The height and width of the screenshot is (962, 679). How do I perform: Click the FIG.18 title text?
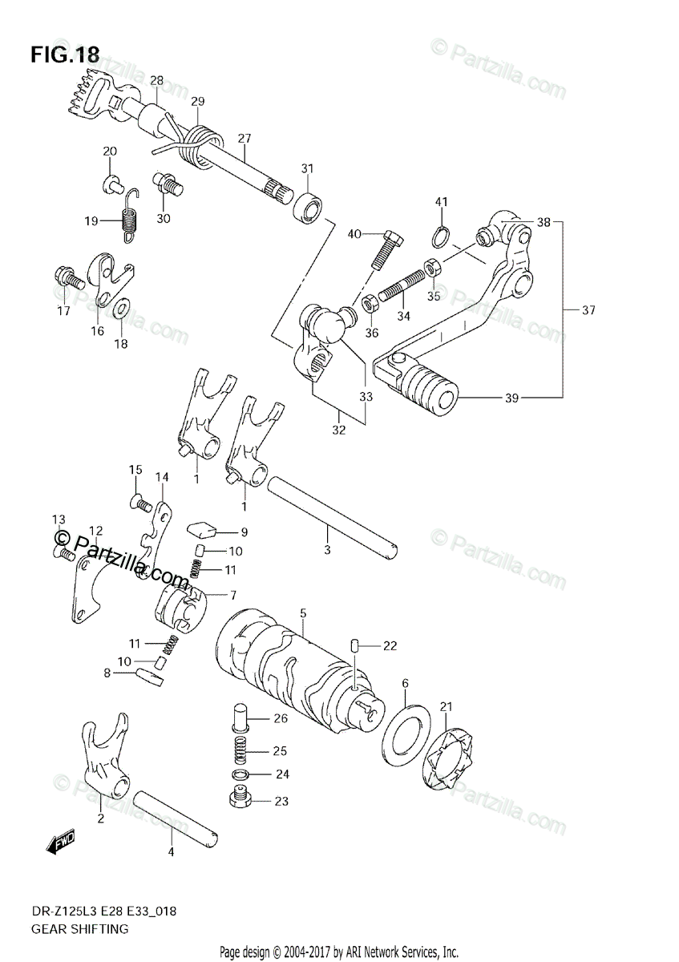click(x=65, y=55)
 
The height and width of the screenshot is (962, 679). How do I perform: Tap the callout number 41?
click(x=441, y=201)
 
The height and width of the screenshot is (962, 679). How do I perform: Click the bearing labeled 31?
click(x=309, y=205)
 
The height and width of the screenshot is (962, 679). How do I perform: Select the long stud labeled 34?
click(x=401, y=285)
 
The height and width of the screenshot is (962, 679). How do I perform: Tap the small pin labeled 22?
click(x=354, y=645)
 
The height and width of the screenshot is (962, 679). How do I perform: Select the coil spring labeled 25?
click(x=240, y=750)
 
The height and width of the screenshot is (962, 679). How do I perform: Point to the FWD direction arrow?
click(x=61, y=842)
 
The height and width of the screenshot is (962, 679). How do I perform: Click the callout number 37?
click(x=589, y=310)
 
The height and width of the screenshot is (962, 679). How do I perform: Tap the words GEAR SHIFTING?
click(x=79, y=928)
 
